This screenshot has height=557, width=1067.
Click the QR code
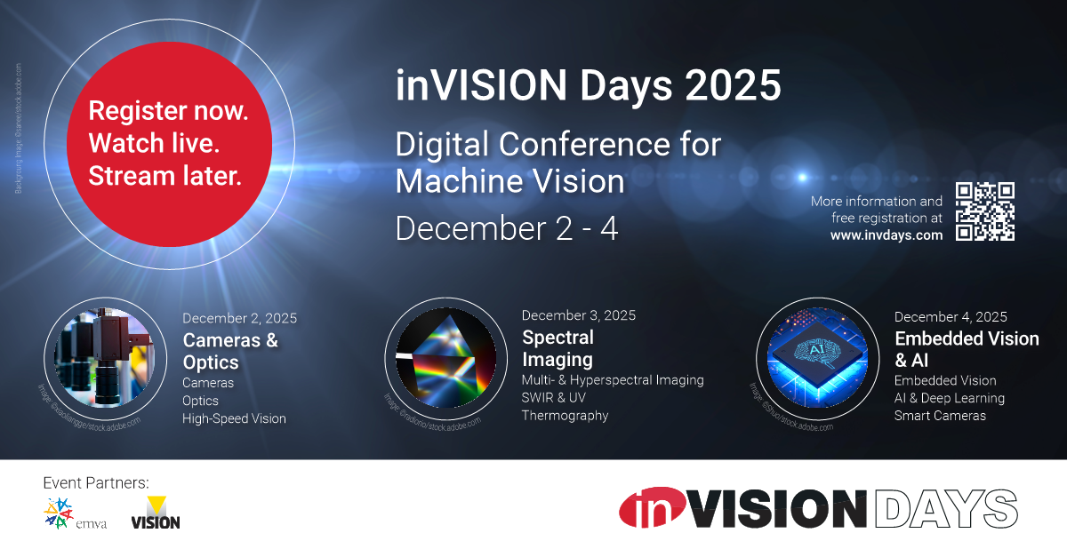point(984,211)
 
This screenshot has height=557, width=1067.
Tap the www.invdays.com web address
point(886,235)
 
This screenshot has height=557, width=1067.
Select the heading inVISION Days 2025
point(588,86)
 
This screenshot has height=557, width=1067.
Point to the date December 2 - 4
point(506,228)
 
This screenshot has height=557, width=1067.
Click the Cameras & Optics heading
point(230,351)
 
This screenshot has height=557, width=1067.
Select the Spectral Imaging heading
point(558,348)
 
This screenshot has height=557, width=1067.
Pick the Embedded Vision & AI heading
point(966,349)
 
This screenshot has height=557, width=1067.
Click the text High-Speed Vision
point(234,418)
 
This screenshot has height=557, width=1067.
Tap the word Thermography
point(565,415)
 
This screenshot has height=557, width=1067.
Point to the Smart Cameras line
point(940,416)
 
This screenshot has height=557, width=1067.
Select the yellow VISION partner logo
point(155,513)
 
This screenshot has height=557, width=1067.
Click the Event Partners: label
point(96,483)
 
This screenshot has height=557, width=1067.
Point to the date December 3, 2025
point(578,315)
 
